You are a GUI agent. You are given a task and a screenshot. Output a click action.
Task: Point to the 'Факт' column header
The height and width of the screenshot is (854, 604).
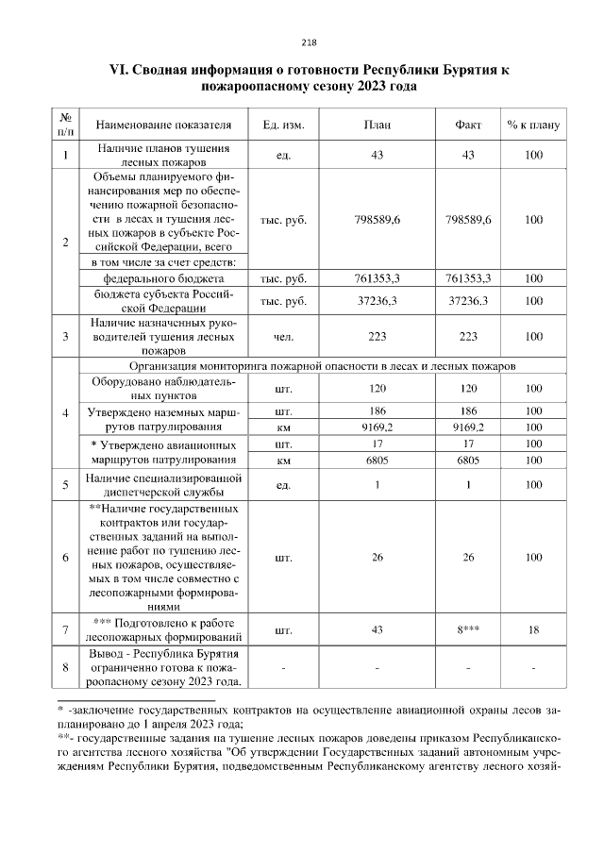click(x=468, y=125)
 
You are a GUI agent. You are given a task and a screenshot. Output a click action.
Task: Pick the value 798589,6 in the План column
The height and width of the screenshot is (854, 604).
click(x=377, y=220)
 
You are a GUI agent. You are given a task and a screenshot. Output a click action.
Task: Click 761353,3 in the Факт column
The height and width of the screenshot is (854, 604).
click(x=468, y=279)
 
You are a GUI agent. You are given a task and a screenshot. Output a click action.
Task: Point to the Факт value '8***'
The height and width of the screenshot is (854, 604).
click(x=468, y=629)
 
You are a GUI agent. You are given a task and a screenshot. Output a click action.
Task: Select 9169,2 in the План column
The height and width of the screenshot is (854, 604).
click(x=377, y=427)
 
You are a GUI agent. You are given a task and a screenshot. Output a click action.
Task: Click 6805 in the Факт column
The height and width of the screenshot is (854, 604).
click(x=468, y=460)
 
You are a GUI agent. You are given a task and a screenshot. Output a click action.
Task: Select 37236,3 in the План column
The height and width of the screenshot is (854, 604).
click(x=377, y=301)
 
